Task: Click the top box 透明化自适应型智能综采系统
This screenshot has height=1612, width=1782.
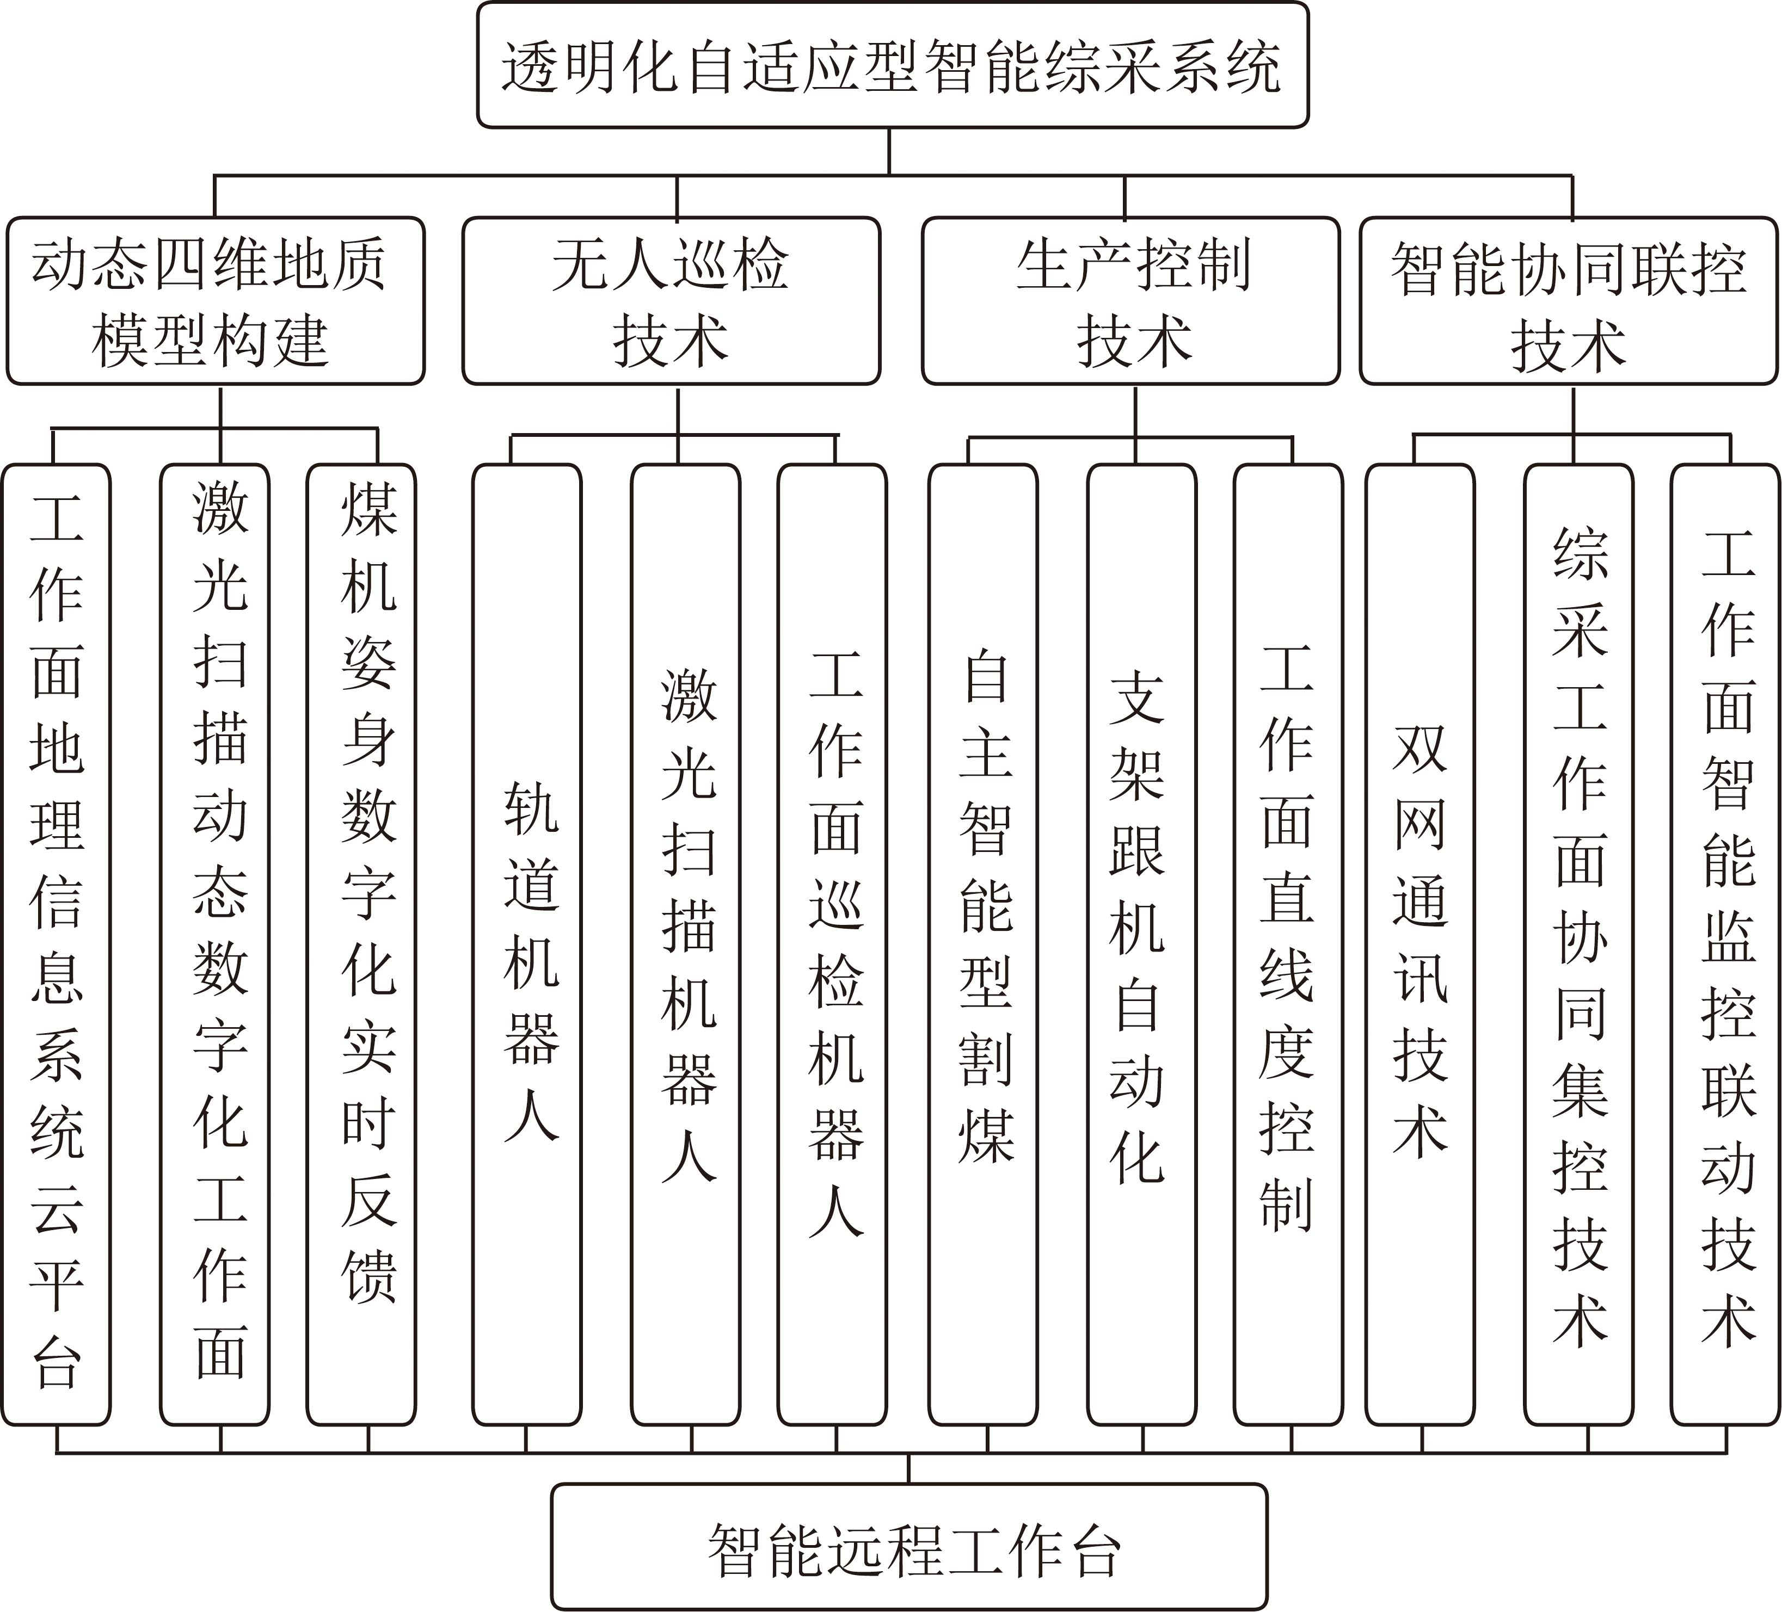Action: pos(892,65)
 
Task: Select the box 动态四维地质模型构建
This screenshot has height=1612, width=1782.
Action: pos(216,301)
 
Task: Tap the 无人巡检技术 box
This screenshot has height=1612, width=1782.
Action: pos(672,301)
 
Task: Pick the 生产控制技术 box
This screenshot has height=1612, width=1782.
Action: pos(1130,301)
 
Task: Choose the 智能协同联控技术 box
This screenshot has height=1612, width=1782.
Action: pos(1569,301)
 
